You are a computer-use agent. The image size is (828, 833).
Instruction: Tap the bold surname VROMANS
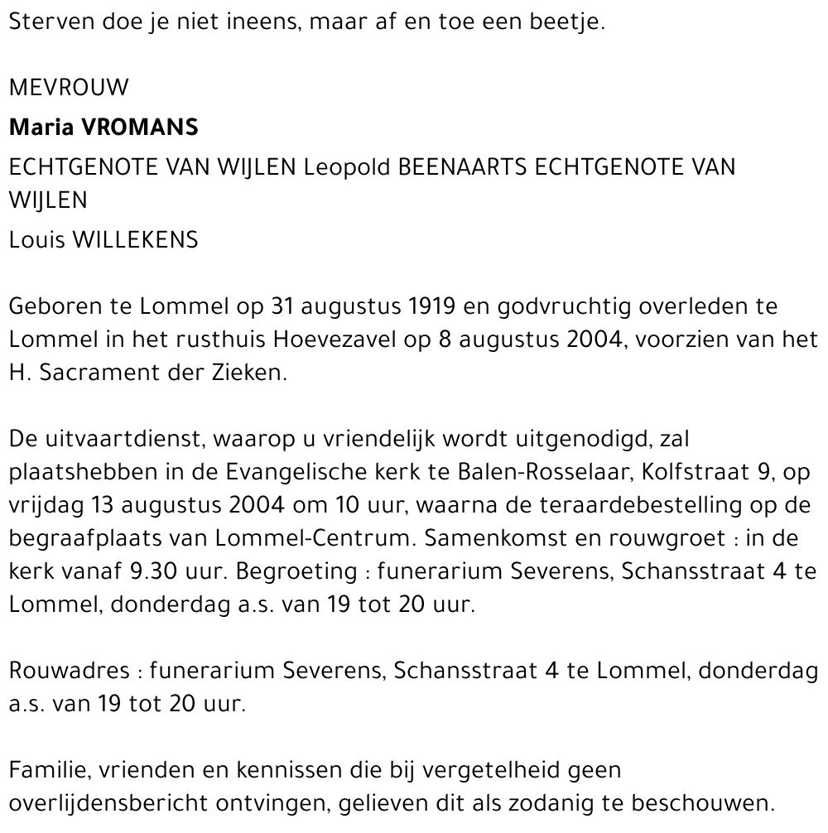click(x=140, y=128)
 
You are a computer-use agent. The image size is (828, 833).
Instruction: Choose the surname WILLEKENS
click(x=136, y=240)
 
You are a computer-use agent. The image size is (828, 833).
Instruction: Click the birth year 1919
click(x=432, y=306)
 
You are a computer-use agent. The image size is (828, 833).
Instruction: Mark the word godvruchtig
click(x=566, y=306)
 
